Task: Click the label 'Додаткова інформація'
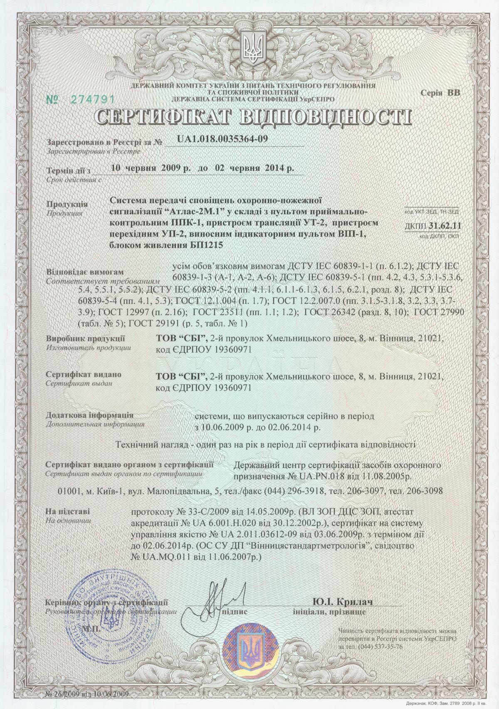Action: click(89, 415)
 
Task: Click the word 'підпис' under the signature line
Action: click(235, 612)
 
